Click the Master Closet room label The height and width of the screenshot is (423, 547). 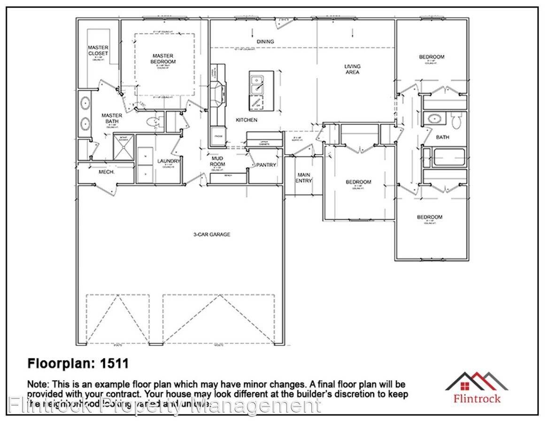coord(98,50)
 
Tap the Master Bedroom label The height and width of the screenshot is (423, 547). coord(163,59)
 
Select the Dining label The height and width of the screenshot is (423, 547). coord(265,42)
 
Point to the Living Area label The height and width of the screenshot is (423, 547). coord(352,70)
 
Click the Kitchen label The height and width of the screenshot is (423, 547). coord(247,120)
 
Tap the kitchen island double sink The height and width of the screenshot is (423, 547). coord(257,85)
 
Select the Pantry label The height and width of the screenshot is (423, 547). coord(266,165)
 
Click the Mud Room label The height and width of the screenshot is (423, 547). coord(217,162)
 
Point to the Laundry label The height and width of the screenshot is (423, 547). coord(169,161)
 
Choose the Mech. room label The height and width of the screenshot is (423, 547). coord(104,172)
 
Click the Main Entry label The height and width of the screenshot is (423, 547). coord(304,178)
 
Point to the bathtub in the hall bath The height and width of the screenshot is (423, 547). coord(448,157)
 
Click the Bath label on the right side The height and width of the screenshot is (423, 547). coord(442,137)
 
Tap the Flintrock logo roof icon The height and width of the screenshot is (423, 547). coord(477,381)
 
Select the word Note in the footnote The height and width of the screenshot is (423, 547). coord(38,385)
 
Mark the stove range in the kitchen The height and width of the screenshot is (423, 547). coord(218,93)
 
